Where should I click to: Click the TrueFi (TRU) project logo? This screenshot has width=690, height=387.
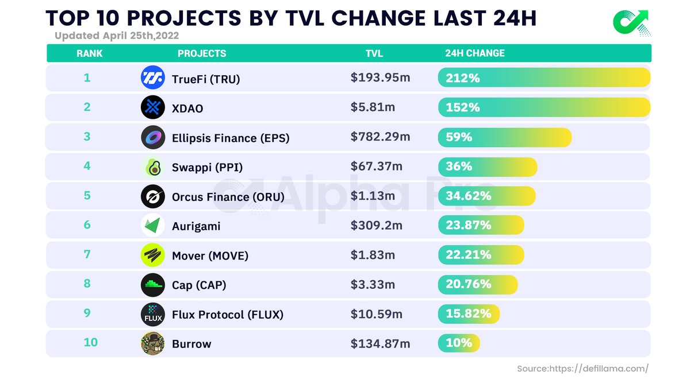[152, 78]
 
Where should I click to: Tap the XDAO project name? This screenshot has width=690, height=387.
[187, 108]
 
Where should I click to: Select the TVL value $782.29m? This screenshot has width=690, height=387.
[380, 137]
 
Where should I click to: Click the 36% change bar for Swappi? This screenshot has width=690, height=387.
[487, 167]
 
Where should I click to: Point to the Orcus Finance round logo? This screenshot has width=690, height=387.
[152, 196]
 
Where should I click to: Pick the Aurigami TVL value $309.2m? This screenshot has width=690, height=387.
[376, 225]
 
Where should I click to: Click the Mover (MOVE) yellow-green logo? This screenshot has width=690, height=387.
[152, 255]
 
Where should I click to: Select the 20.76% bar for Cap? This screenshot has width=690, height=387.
[477, 284]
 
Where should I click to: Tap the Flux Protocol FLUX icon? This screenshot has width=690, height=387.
[152, 314]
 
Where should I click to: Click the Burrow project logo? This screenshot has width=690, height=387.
[152, 343]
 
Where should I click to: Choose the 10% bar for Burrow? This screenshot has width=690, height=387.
[458, 343]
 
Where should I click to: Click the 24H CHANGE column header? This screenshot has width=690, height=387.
[474, 53]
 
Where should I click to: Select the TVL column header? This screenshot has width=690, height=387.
[374, 53]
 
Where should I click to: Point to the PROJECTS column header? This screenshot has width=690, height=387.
[202, 53]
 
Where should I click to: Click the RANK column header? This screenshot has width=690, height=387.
[89, 53]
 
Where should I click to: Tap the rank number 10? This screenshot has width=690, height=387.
[90, 343]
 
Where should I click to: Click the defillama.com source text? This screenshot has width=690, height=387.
[582, 369]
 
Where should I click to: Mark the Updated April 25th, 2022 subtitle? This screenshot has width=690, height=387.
[117, 36]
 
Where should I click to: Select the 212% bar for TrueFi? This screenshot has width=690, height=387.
[543, 78]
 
